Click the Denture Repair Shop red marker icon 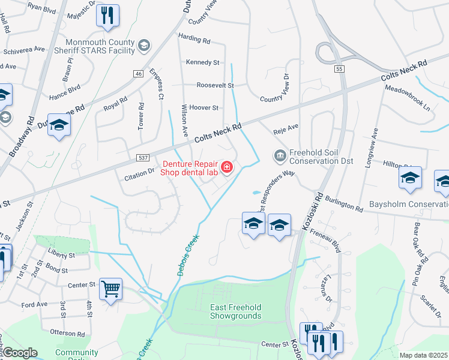(x=227, y=167)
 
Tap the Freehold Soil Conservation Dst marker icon (x=280, y=156)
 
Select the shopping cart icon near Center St (x=110, y=289)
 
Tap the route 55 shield (x=340, y=70)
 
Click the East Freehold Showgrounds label (x=235, y=311)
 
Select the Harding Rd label (x=194, y=41)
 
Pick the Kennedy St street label (x=202, y=62)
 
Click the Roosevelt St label (x=215, y=86)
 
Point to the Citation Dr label (x=139, y=172)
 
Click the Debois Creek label (x=188, y=254)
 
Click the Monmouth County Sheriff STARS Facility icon (x=143, y=46)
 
